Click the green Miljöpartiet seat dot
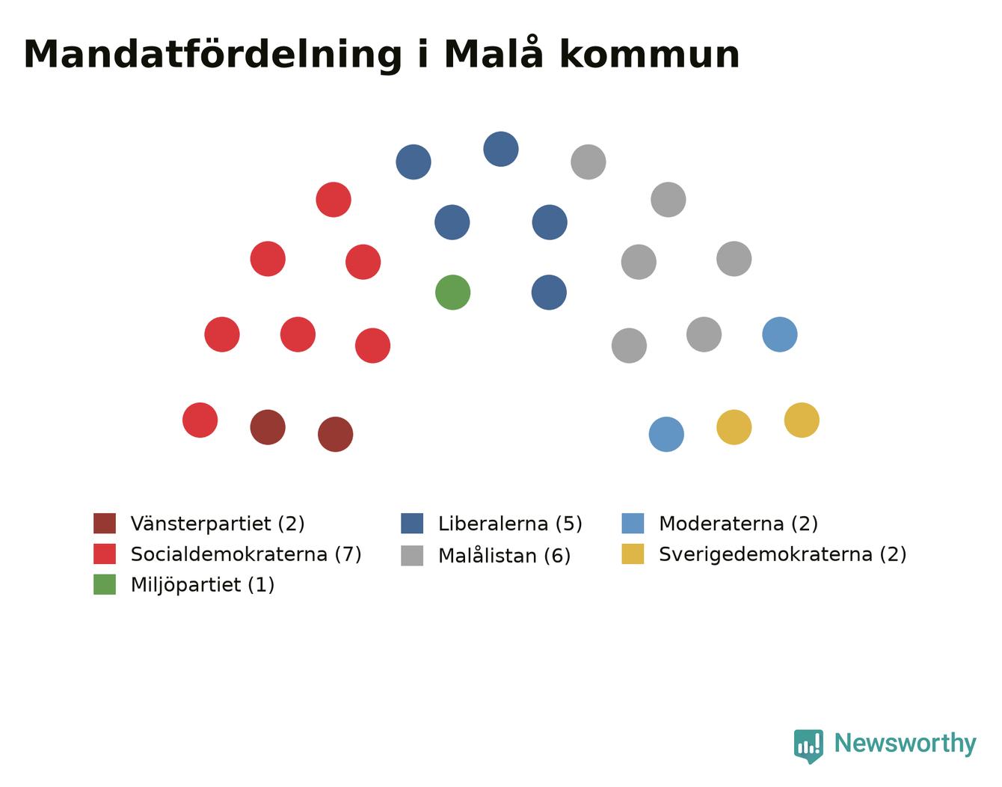pyautogui.click(x=452, y=293)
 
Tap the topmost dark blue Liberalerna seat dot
pyautogui.click(x=501, y=149)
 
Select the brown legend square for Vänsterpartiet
pyautogui.click(x=105, y=523)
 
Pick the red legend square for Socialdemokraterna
pyautogui.click(x=105, y=554)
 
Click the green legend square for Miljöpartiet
pyautogui.click(x=105, y=584)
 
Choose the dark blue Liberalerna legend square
pyautogui.click(x=412, y=523)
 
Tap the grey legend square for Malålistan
pyautogui.click(x=412, y=555)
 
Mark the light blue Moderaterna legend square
pyautogui.click(x=633, y=523)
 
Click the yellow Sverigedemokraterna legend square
pyautogui.click(x=633, y=554)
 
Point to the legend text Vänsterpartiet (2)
pyautogui.click(x=218, y=524)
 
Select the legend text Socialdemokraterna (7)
pyautogui.click(x=246, y=554)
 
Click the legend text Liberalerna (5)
pyautogui.click(x=510, y=524)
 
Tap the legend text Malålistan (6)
pyautogui.click(x=505, y=555)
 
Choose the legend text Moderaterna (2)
pyautogui.click(x=738, y=524)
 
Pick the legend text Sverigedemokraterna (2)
pyautogui.click(x=782, y=554)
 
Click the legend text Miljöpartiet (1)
pyautogui.click(x=203, y=586)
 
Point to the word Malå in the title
pyautogui.click(x=494, y=52)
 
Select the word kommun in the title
pyautogui.click(x=650, y=55)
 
